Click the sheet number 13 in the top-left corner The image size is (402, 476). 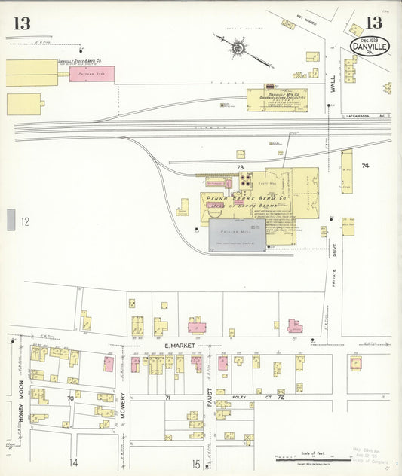coord(21,23)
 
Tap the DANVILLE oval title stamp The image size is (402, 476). coord(368,47)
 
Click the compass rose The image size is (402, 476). coord(238,47)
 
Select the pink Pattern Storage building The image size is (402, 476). coord(91,74)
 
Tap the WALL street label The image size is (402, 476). coord(333,89)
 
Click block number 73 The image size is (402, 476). coord(240,167)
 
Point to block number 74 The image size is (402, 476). coord(366,166)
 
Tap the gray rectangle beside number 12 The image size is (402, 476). coord(11,220)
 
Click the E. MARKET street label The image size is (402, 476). coord(178,346)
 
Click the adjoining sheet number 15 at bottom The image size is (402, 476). coord(195,464)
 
